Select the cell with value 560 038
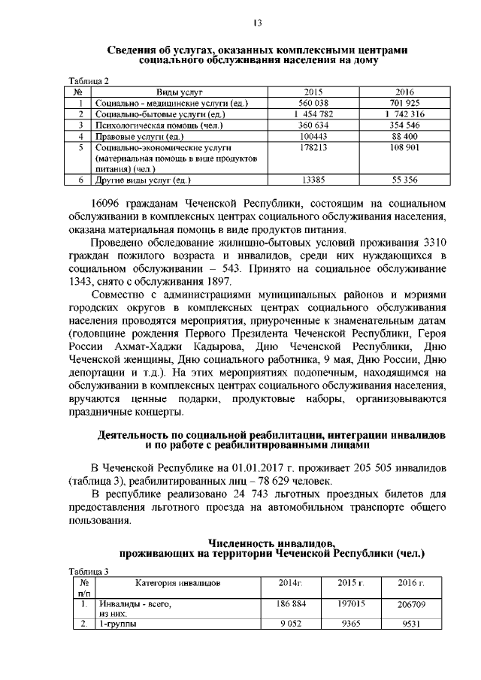pyautogui.click(x=314, y=103)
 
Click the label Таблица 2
pyautogui.click(x=89, y=81)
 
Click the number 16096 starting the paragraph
pyautogui.click(x=107, y=204)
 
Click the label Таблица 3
pyautogui.click(x=89, y=571)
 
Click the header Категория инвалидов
pyautogui.click(x=178, y=583)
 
